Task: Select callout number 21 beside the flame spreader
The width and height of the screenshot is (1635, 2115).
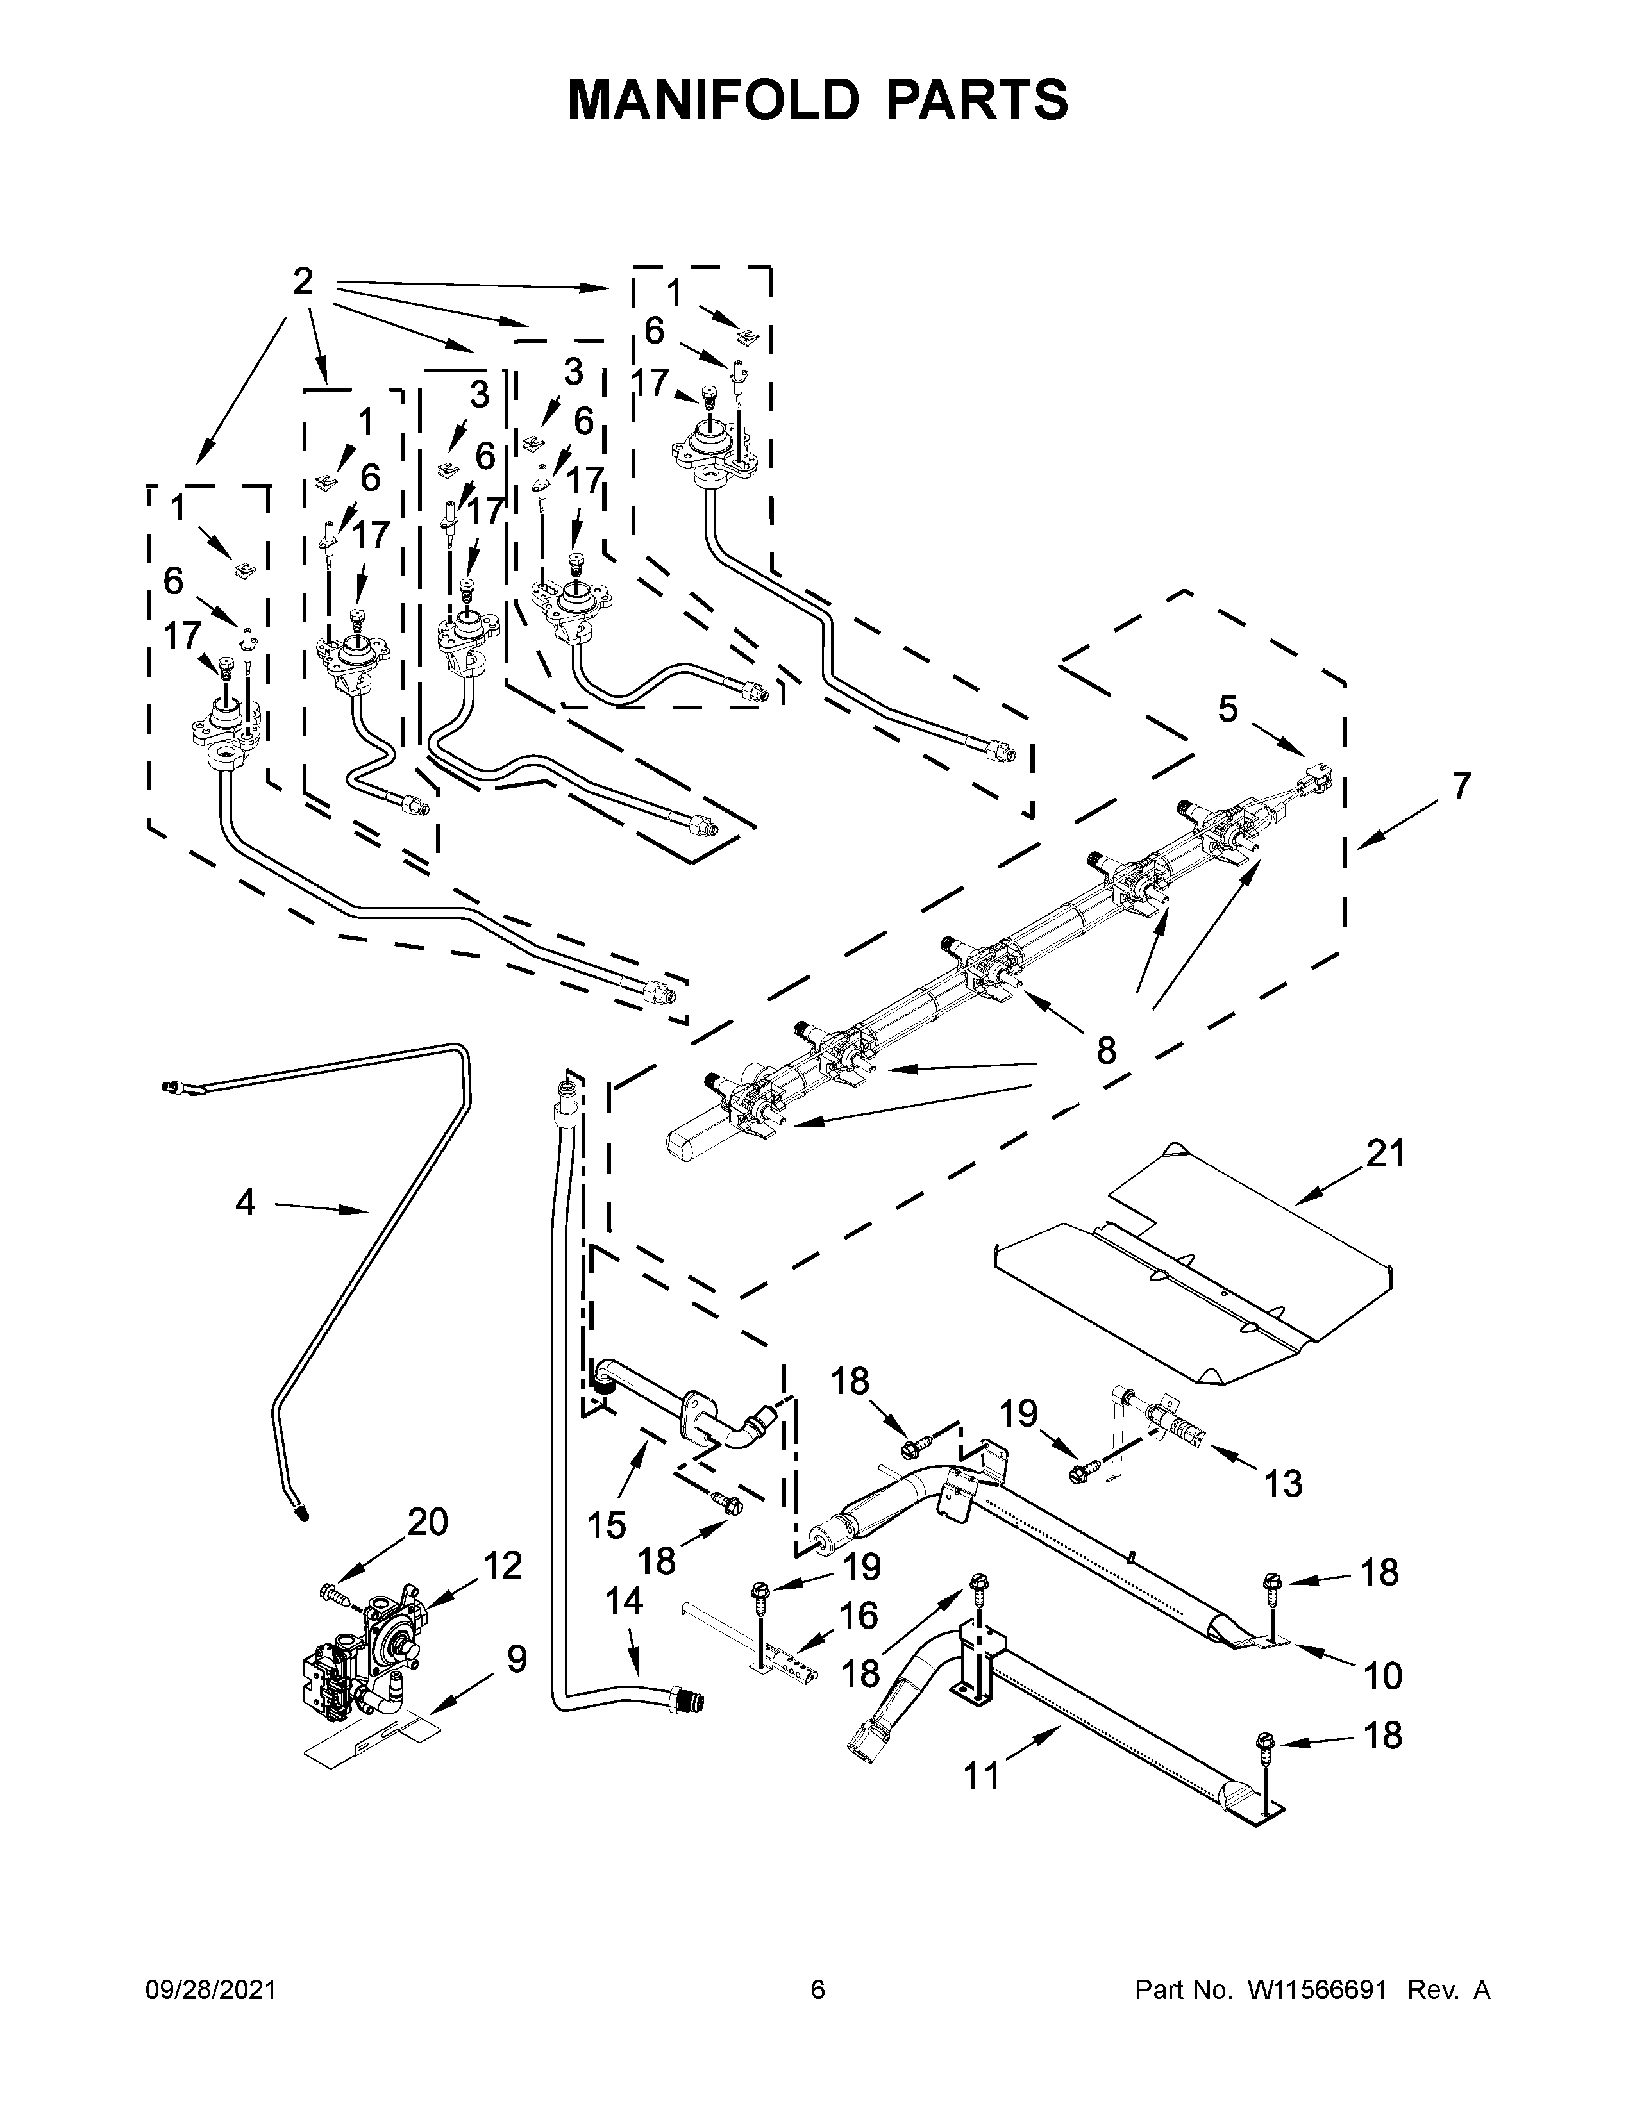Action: click(x=1385, y=1154)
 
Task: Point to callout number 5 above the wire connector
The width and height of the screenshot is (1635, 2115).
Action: click(x=1227, y=710)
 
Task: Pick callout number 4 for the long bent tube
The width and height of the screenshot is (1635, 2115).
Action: click(x=245, y=1202)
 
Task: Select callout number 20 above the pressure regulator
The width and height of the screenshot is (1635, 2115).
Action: click(x=427, y=1522)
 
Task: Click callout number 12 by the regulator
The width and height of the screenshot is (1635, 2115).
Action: click(x=502, y=1565)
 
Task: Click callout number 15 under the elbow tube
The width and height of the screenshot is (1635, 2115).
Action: click(x=607, y=1525)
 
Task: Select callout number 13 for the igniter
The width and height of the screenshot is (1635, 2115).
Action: click(x=1284, y=1482)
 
